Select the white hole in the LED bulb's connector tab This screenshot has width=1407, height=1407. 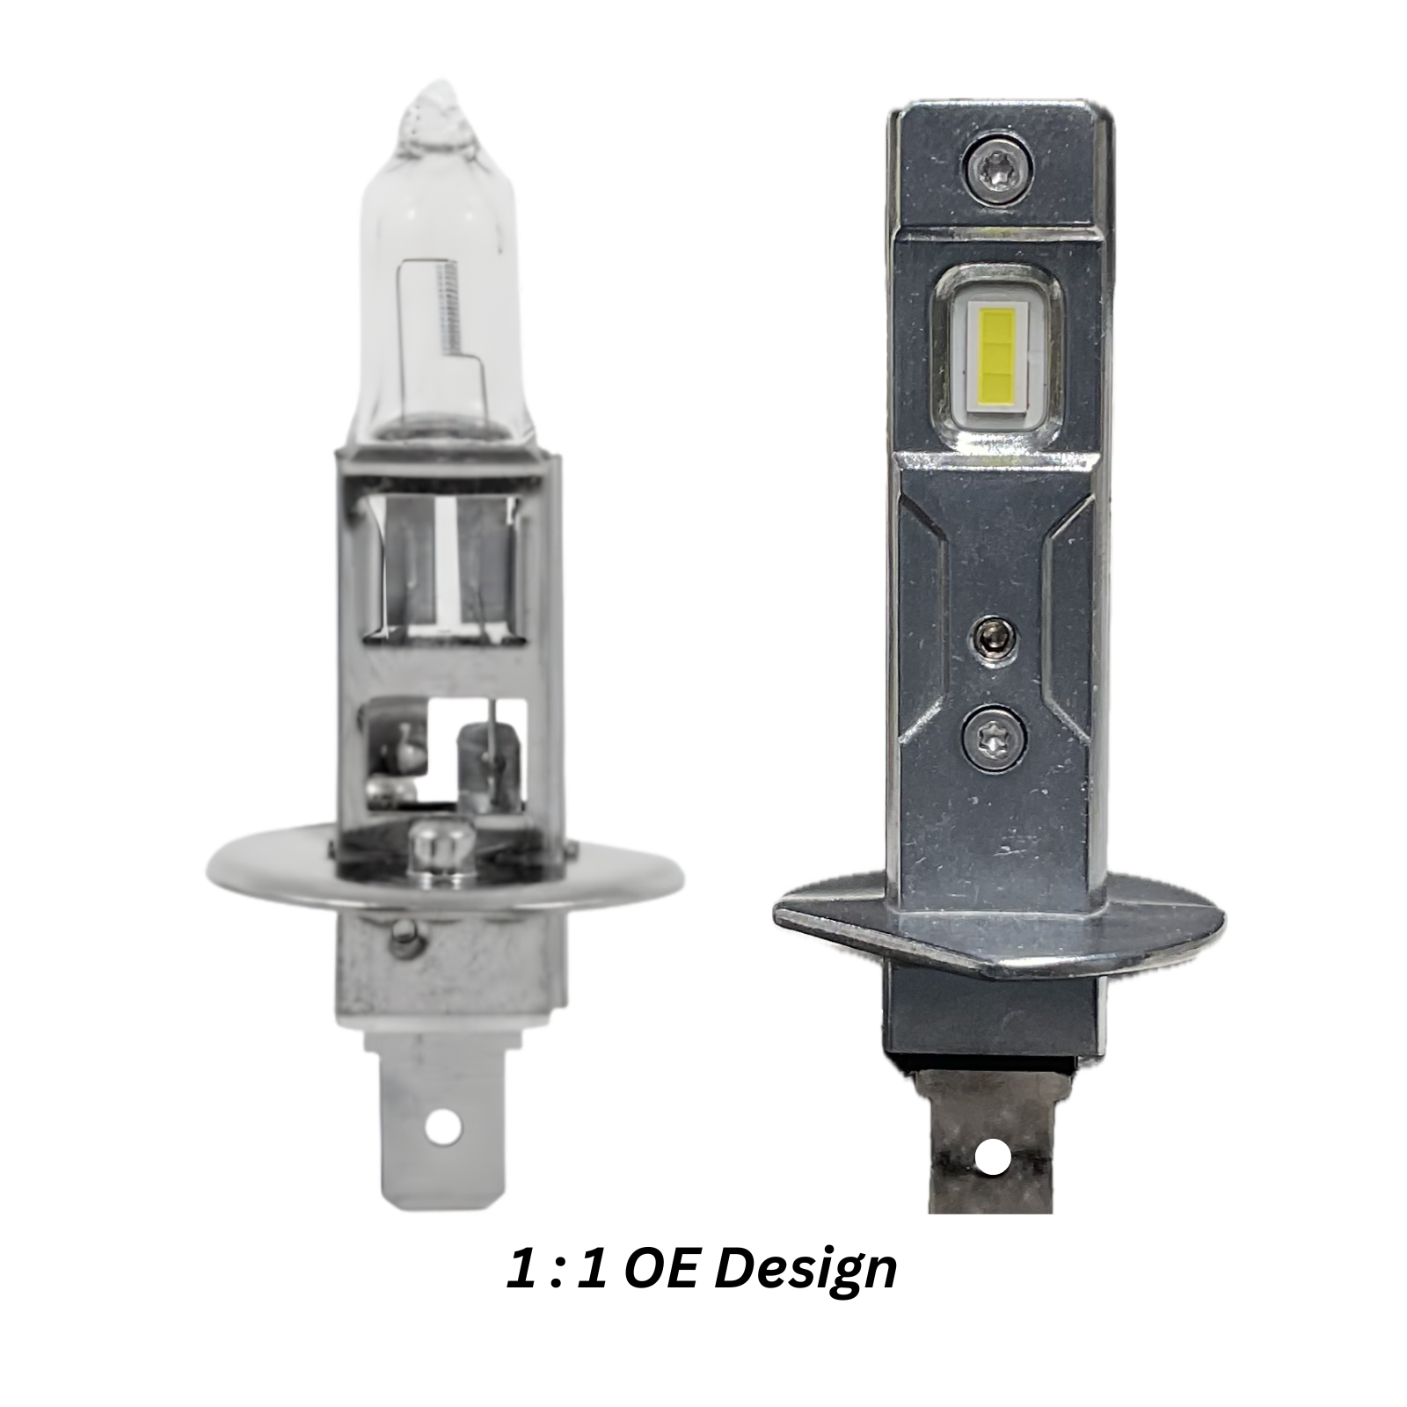993,1156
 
